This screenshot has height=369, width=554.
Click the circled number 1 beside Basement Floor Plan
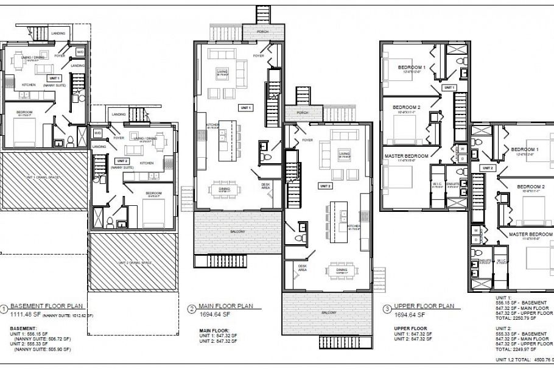point(5,309)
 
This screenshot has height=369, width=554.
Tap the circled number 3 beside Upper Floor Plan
point(387,309)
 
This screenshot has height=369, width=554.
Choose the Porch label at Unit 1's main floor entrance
point(262,31)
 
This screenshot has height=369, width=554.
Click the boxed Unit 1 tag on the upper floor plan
point(449,88)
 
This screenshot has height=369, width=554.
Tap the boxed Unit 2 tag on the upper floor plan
point(488,167)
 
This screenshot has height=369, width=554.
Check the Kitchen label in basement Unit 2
point(147,163)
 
